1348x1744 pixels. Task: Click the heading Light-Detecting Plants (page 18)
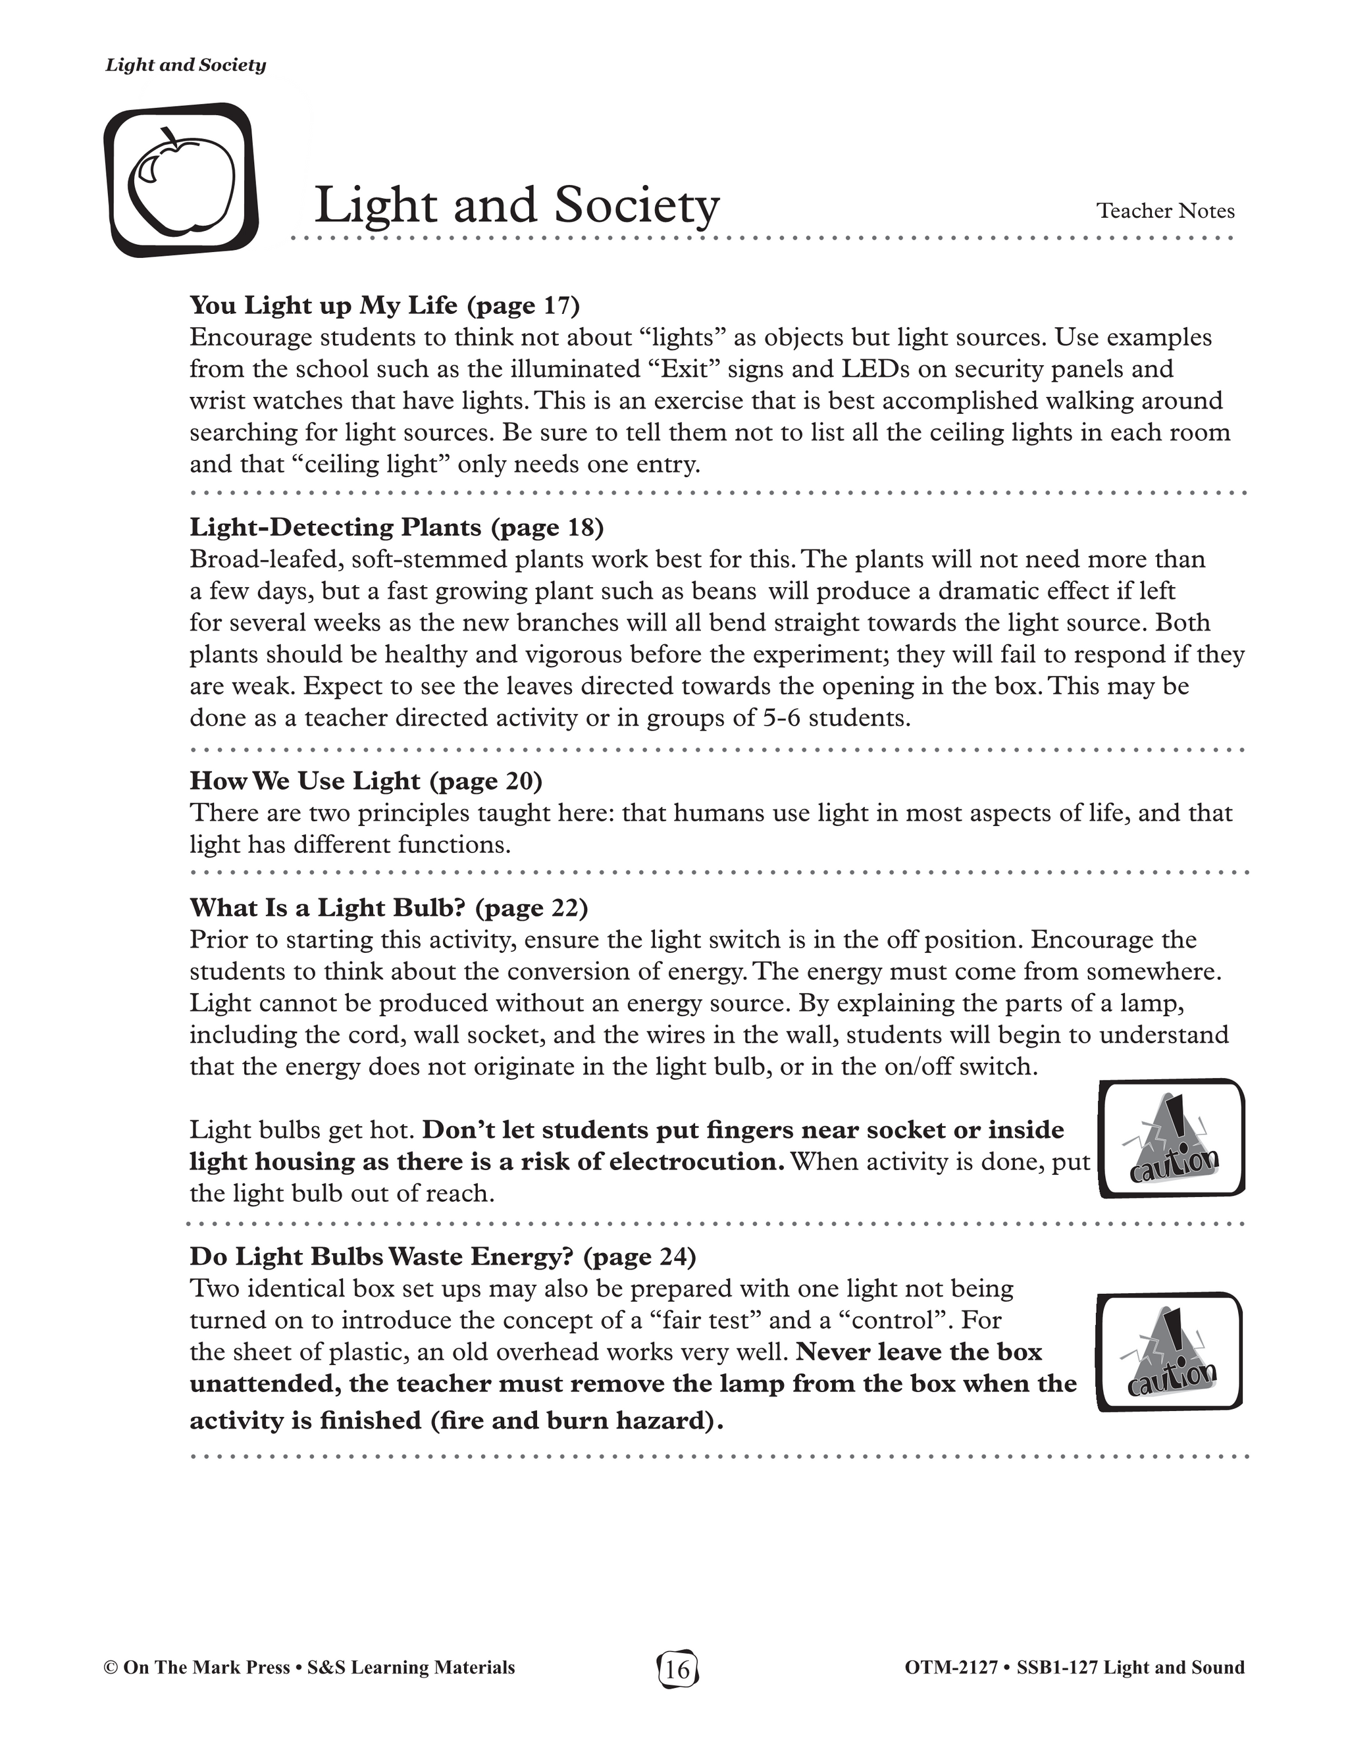pyautogui.click(x=396, y=527)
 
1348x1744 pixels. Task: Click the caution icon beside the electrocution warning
pyautogui.click(x=1172, y=1139)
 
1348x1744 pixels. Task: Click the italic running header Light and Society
pyautogui.click(x=185, y=65)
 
